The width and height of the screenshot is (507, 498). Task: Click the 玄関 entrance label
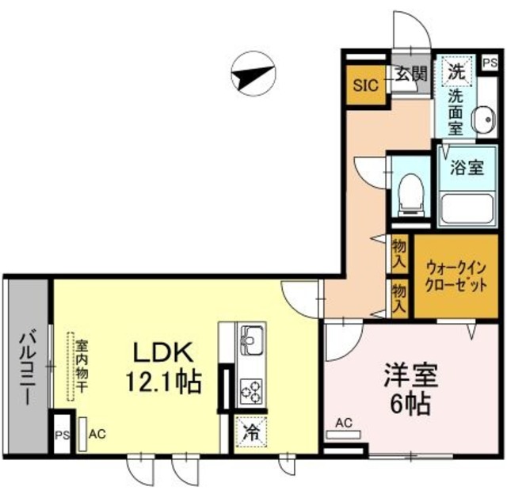point(411,75)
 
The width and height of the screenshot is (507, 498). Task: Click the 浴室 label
point(467,168)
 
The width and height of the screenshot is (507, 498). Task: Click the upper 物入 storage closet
point(400,253)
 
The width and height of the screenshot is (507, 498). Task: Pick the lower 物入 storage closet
point(400,298)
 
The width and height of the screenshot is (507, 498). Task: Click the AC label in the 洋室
point(344,423)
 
